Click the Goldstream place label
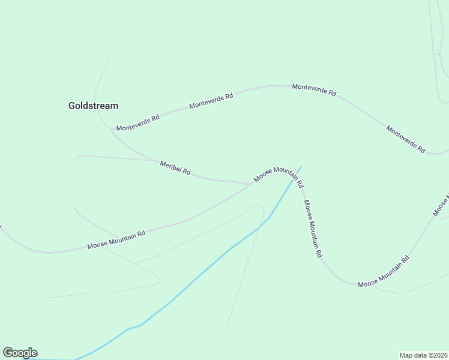(x=93, y=106)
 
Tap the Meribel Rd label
(x=175, y=168)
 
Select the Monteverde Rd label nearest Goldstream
(x=138, y=123)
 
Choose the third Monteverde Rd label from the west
(x=314, y=90)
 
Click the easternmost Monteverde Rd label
(x=405, y=139)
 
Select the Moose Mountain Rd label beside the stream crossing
(x=279, y=174)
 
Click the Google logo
(x=20, y=353)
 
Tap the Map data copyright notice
(x=423, y=355)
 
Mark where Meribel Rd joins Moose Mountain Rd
(x=252, y=184)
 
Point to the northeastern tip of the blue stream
(x=301, y=167)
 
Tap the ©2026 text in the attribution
(x=436, y=355)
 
